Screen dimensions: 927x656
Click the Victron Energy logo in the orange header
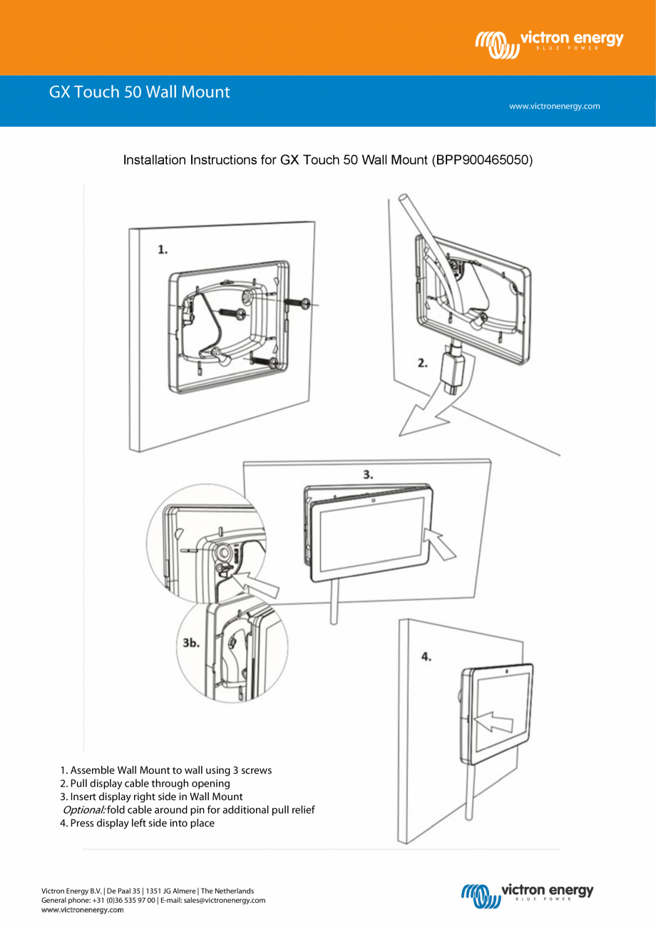coord(549,43)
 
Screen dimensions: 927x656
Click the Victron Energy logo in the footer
coord(528,895)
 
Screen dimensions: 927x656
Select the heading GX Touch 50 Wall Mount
coord(139,92)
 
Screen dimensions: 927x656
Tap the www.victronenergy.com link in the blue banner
coord(554,106)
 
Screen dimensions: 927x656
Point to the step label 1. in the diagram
coord(163,250)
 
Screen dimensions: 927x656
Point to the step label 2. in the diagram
coord(423,363)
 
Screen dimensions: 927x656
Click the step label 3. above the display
coord(368,474)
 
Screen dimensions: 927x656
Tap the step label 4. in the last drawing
coord(426,657)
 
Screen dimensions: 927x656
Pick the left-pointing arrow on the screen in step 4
coord(493,722)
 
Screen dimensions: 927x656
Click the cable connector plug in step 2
coord(453,372)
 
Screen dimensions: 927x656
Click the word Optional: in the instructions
coord(84,810)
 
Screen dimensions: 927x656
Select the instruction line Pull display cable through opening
coord(145,783)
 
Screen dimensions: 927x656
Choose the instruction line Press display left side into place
coord(137,823)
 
